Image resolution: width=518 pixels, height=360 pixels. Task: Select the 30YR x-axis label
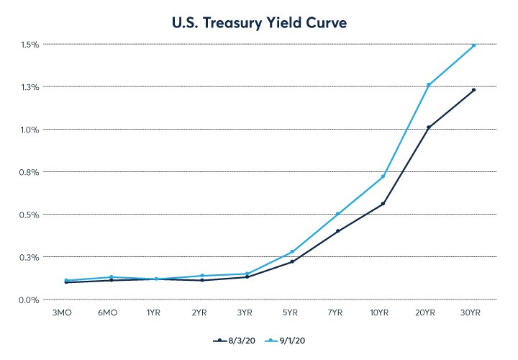(473, 313)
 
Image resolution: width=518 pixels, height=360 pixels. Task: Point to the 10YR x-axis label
(383, 313)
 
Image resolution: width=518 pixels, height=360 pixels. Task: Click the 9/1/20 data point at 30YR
(473, 45)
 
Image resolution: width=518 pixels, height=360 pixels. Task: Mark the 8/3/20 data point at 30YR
(473, 90)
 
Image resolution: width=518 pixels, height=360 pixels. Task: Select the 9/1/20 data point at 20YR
(428, 85)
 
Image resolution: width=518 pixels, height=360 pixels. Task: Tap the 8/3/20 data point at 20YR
(428, 127)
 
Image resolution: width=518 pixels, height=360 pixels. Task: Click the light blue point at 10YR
(383, 176)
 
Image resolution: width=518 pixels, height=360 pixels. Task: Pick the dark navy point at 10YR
(383, 204)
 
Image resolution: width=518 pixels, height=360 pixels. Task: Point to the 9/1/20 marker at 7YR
(337, 214)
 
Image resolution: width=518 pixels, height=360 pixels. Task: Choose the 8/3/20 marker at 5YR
(292, 261)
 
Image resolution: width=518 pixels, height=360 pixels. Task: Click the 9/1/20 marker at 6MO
(112, 277)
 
